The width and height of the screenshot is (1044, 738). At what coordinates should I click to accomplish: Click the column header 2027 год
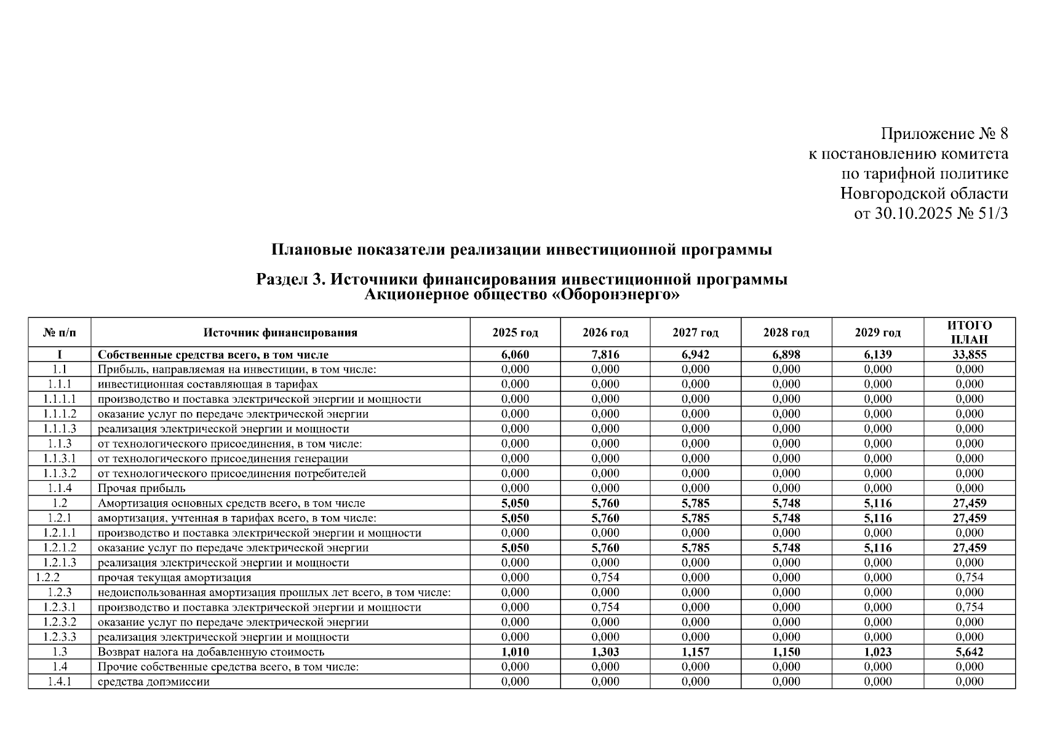[x=695, y=333]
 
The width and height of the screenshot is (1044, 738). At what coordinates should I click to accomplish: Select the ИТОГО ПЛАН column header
[x=969, y=332]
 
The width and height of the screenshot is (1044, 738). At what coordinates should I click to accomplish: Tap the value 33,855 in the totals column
[x=969, y=355]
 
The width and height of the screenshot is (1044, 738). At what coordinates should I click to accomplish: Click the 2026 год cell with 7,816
[x=605, y=355]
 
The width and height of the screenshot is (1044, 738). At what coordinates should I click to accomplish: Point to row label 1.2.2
[x=47, y=577]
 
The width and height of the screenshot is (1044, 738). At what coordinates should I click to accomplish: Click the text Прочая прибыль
[x=141, y=488]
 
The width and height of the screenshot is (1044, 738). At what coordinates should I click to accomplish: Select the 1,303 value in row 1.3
[x=605, y=652]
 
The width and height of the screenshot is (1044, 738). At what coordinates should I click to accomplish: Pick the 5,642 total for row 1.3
[x=969, y=652]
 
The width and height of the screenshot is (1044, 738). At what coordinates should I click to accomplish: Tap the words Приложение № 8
[x=944, y=133]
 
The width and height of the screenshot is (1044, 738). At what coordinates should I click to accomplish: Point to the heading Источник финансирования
[x=281, y=333]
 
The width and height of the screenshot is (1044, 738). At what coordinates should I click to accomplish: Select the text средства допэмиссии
[x=153, y=681]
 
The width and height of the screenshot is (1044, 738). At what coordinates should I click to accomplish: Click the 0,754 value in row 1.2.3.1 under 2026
[x=605, y=607]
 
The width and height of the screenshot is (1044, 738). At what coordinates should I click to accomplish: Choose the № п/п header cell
[x=59, y=333]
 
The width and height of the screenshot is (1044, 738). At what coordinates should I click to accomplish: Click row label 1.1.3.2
[x=60, y=474]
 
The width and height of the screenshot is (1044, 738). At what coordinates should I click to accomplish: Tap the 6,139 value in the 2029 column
[x=877, y=355]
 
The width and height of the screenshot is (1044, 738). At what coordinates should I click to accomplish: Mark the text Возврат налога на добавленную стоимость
[x=211, y=652]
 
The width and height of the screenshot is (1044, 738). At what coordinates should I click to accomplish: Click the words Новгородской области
[x=924, y=194]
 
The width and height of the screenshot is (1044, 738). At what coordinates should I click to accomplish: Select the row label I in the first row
[x=59, y=355]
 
